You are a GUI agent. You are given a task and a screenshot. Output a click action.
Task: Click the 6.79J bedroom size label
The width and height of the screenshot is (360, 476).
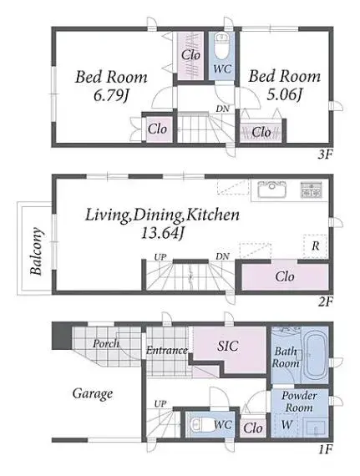[x=111, y=96]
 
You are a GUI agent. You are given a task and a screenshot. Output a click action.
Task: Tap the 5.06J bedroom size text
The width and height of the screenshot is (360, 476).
[x=285, y=94]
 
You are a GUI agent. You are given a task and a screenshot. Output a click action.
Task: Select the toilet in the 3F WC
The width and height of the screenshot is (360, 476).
[x=221, y=46]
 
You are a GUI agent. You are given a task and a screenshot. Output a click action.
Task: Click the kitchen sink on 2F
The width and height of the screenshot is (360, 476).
[x=271, y=190]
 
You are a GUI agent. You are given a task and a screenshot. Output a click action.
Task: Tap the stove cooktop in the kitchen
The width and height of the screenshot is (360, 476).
[x=311, y=190]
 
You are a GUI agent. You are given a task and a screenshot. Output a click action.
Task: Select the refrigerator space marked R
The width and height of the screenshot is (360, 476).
[x=315, y=246]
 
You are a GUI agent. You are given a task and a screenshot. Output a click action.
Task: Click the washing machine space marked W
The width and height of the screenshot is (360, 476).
[x=286, y=424]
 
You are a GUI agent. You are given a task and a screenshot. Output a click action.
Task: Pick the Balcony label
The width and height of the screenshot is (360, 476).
[x=37, y=251]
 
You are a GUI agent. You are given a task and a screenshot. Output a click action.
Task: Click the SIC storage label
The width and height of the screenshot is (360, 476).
[x=228, y=346]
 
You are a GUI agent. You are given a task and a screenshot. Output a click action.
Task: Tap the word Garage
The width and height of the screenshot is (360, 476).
[x=93, y=393]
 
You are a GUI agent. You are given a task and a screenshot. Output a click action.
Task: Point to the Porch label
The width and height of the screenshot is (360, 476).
[x=106, y=343]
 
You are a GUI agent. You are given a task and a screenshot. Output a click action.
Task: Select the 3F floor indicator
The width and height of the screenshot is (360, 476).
[x=325, y=155]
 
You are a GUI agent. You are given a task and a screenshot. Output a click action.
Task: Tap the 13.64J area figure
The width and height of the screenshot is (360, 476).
[x=162, y=233]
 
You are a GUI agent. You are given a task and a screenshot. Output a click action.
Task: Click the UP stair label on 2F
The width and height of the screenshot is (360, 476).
[x=160, y=257]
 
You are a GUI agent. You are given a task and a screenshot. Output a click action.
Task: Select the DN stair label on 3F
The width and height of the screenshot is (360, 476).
[x=222, y=109]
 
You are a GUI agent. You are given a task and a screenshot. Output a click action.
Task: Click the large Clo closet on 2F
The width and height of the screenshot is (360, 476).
[x=285, y=277]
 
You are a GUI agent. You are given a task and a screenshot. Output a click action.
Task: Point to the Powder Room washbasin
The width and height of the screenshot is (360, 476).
[x=316, y=428]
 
